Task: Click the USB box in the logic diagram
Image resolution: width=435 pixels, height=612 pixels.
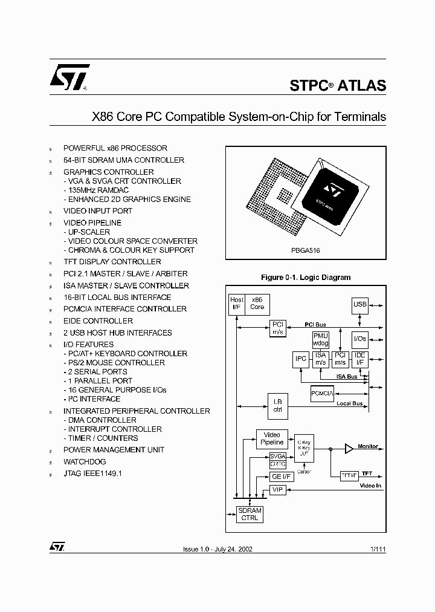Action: coord(360,304)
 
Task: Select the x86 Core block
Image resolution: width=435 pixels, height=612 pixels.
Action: coord(257,304)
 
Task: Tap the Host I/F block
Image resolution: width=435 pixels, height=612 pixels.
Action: coord(237,304)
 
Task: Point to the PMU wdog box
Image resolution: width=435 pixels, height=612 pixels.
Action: coord(320,340)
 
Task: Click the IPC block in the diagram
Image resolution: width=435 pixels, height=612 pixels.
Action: coord(301,359)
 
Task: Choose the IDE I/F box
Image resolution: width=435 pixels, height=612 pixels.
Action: coord(359,359)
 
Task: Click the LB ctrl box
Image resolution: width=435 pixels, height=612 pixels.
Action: coord(277,404)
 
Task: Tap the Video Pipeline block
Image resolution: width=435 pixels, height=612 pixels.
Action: coord(272,438)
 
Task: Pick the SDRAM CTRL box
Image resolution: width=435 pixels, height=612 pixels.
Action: coord(250,515)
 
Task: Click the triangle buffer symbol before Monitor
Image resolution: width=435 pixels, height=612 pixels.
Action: coord(349,448)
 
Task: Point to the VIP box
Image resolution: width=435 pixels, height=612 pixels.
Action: coord(277,490)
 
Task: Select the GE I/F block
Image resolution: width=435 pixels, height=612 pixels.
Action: coord(277,477)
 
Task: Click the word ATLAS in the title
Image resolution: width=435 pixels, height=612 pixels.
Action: coord(361,86)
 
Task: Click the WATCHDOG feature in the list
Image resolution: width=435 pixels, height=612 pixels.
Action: coord(84,461)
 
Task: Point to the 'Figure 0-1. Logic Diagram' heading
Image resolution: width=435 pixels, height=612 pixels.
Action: coord(305,278)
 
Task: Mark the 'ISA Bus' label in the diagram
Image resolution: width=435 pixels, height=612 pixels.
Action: coord(347,376)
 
